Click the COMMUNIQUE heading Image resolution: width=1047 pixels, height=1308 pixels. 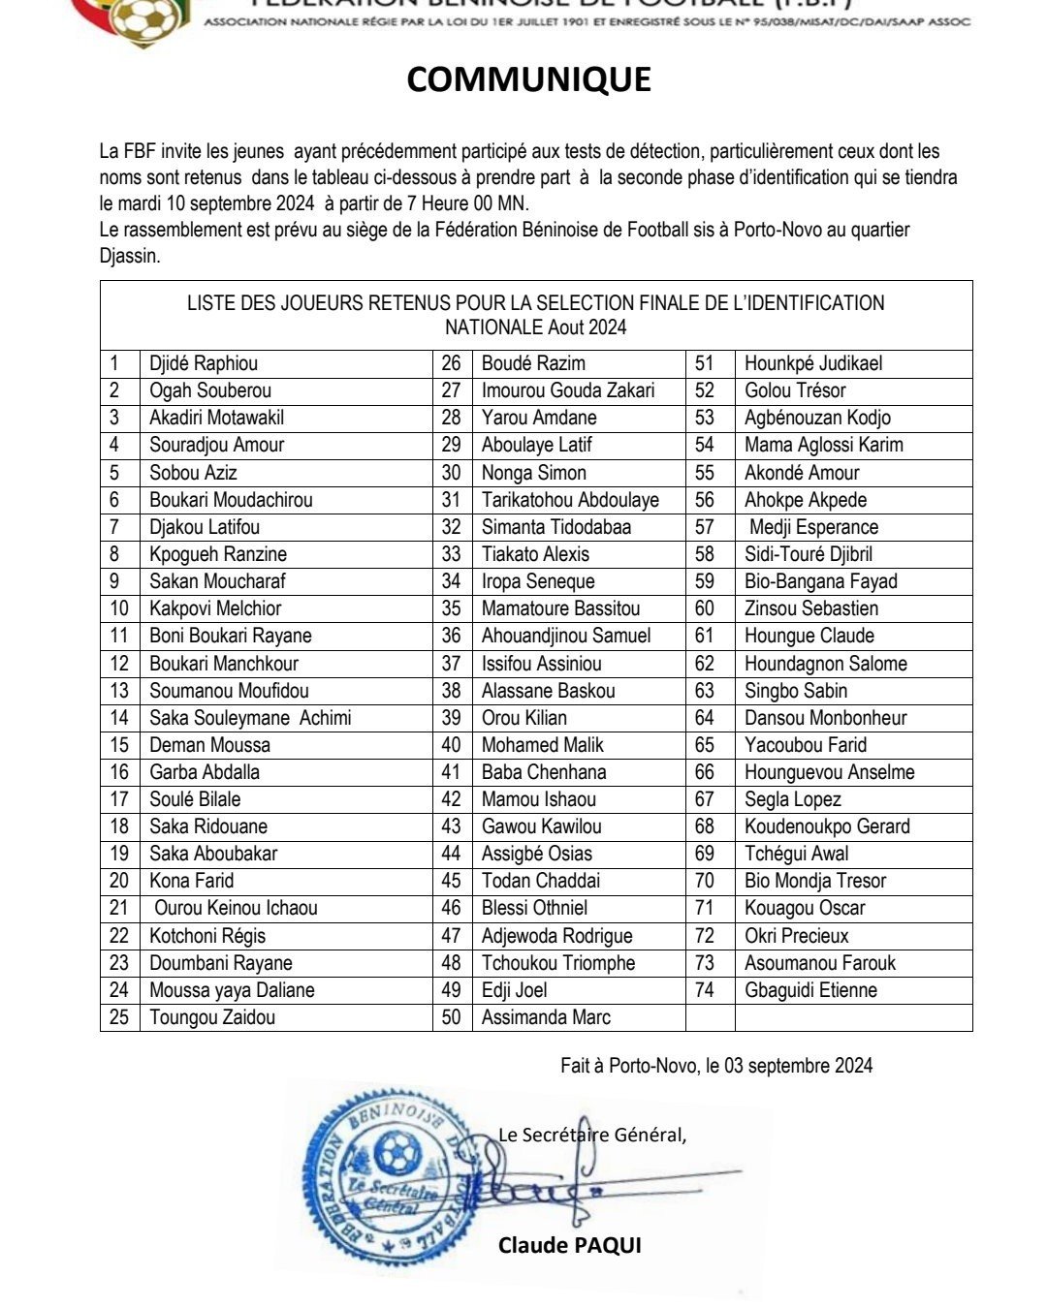(x=528, y=79)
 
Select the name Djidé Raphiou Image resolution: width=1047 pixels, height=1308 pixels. (x=204, y=364)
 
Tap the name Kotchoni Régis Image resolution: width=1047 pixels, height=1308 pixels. (x=207, y=936)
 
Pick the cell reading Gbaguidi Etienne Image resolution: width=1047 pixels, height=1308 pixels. (x=810, y=990)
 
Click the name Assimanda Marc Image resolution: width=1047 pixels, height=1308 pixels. (x=546, y=1017)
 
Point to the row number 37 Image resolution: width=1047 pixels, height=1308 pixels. (x=452, y=664)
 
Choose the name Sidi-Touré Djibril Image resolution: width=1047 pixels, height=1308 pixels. (x=809, y=554)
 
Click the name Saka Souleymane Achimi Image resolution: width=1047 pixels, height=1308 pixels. (x=250, y=718)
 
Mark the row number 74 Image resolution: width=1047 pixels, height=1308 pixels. (x=705, y=990)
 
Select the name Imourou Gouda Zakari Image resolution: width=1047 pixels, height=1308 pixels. (x=568, y=390)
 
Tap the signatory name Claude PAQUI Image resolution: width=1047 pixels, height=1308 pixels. (x=570, y=1245)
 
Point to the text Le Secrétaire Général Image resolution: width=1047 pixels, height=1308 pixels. (x=591, y=1135)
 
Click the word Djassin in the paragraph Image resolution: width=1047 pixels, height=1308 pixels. (x=129, y=256)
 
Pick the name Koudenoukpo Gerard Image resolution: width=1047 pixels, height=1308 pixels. (x=827, y=826)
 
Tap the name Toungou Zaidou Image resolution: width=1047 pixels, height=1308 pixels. (x=212, y=1017)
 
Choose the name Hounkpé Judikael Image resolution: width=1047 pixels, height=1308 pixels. (x=813, y=364)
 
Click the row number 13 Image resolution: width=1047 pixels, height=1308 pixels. (x=119, y=691)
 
